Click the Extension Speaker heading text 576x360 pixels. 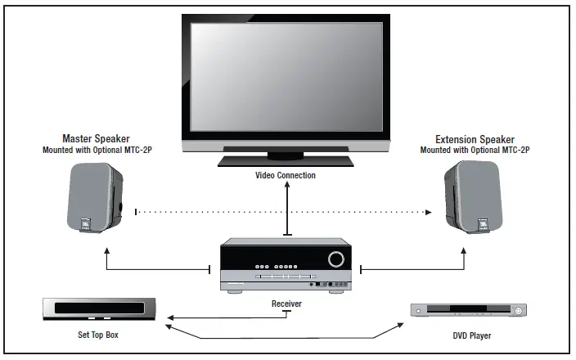[475, 138]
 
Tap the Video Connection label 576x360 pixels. [286, 175]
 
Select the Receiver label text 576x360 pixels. [286, 304]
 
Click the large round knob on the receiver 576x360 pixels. [335, 260]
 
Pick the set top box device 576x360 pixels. [100, 309]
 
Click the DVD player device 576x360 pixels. [467, 311]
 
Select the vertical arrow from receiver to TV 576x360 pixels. [286, 209]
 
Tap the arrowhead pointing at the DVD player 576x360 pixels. [402, 325]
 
